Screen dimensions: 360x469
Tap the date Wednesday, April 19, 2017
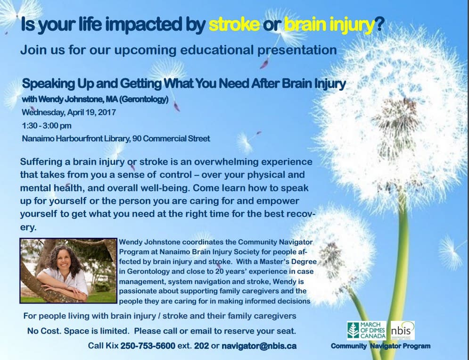point(68,112)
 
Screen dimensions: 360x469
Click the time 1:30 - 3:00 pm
point(47,126)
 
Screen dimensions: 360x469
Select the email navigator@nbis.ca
point(259,346)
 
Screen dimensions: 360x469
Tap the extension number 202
point(201,346)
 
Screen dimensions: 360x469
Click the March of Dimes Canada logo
point(366,331)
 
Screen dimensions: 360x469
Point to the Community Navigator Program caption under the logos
point(380,346)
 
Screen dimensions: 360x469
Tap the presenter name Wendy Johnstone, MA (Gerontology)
point(95,100)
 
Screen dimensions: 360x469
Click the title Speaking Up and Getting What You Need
point(184,84)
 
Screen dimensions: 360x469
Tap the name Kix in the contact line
point(112,346)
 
